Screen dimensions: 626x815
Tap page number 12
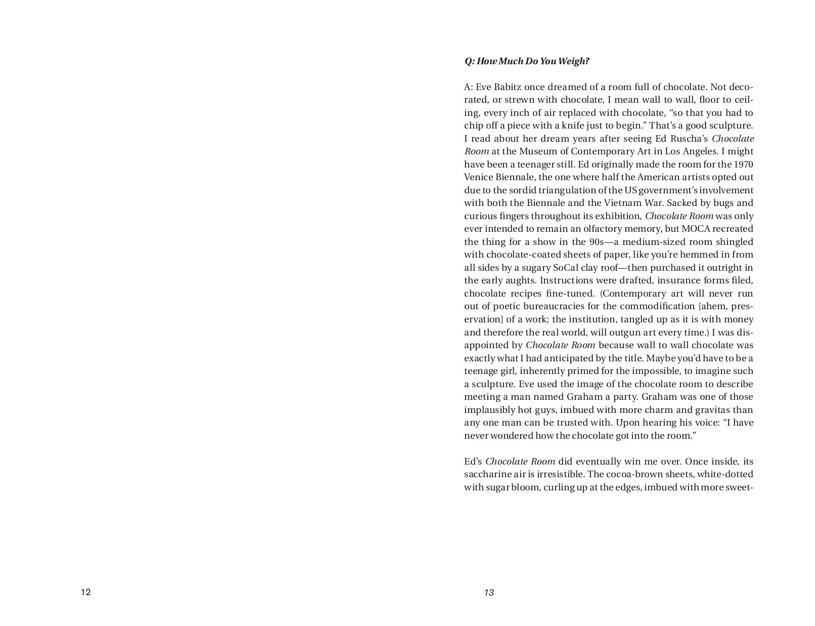coord(85,592)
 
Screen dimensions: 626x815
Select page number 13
coord(488,593)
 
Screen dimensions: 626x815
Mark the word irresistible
coord(558,475)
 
